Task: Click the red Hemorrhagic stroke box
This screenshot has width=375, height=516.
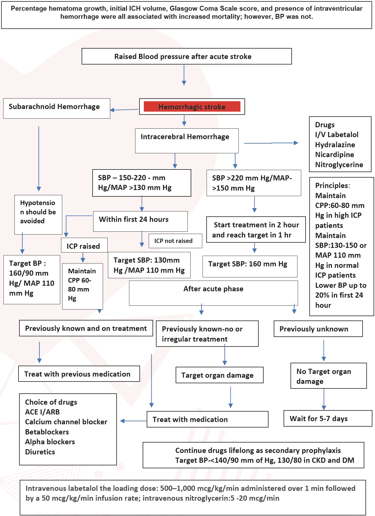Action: pos(192,107)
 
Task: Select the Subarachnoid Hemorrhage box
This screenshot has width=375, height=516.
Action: pos(56,108)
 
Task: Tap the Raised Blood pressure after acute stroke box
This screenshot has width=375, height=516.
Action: pos(186,56)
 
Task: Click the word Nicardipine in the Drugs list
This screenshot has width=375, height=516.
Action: pos(334,155)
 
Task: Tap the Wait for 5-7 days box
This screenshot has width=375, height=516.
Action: pos(327,419)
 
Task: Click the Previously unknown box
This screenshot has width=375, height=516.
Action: pos(318,329)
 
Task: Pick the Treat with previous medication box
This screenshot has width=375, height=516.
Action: pos(79,374)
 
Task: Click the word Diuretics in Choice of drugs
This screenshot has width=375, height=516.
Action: pos(40,452)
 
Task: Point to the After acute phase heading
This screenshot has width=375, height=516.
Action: pos(213,289)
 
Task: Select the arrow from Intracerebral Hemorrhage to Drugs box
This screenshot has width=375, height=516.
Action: pos(271,143)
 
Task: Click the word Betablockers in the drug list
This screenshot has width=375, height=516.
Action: pos(47,432)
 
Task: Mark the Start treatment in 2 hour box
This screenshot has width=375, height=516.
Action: pos(256,230)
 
